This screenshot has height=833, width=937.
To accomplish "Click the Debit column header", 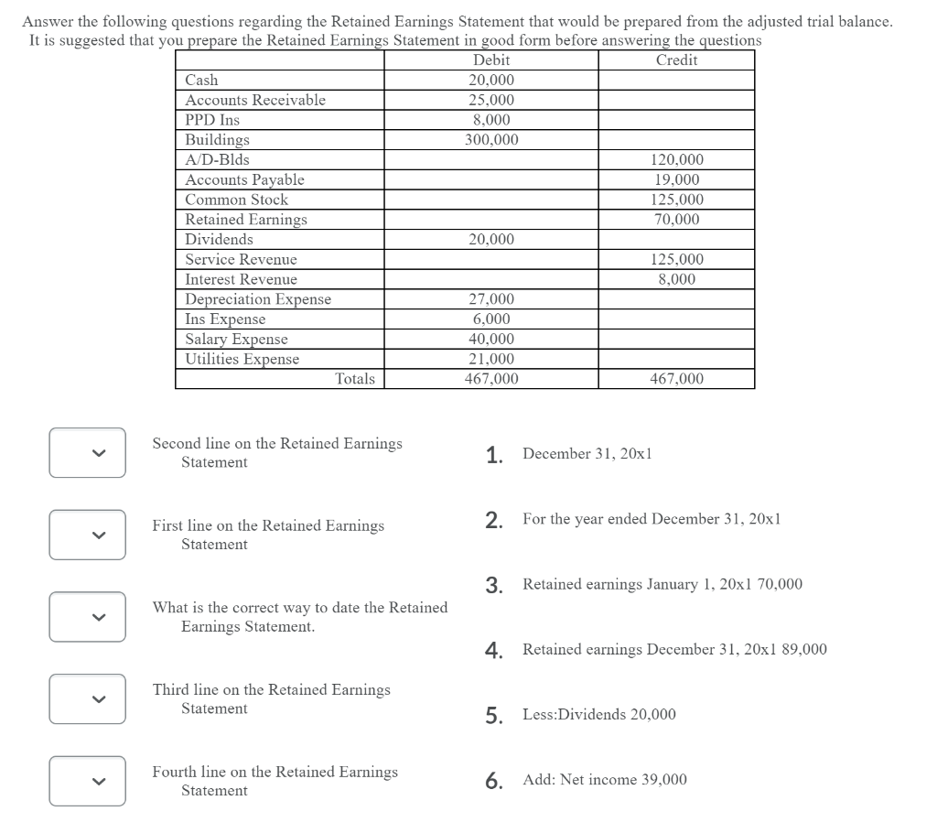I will point(491,60).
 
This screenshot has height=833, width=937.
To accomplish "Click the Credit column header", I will point(676,60).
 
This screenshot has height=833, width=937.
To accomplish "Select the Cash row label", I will point(201,81).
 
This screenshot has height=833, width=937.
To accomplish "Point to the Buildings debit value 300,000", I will point(491,140).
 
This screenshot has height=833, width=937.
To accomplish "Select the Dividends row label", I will point(219,240).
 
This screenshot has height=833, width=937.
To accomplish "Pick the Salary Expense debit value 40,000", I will point(491,340).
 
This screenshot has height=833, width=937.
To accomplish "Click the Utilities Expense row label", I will point(242,360).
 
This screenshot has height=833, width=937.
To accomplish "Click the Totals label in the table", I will point(355,379).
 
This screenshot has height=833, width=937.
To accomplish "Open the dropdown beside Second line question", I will point(87,452).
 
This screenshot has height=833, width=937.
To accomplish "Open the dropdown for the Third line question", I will point(87,698).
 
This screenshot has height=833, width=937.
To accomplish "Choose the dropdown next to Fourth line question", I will point(87,781).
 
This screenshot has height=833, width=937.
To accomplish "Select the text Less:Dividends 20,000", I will point(599,715).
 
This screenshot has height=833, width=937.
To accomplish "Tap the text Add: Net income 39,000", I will point(604,780).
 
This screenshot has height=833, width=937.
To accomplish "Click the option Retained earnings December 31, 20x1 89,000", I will point(674,650).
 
